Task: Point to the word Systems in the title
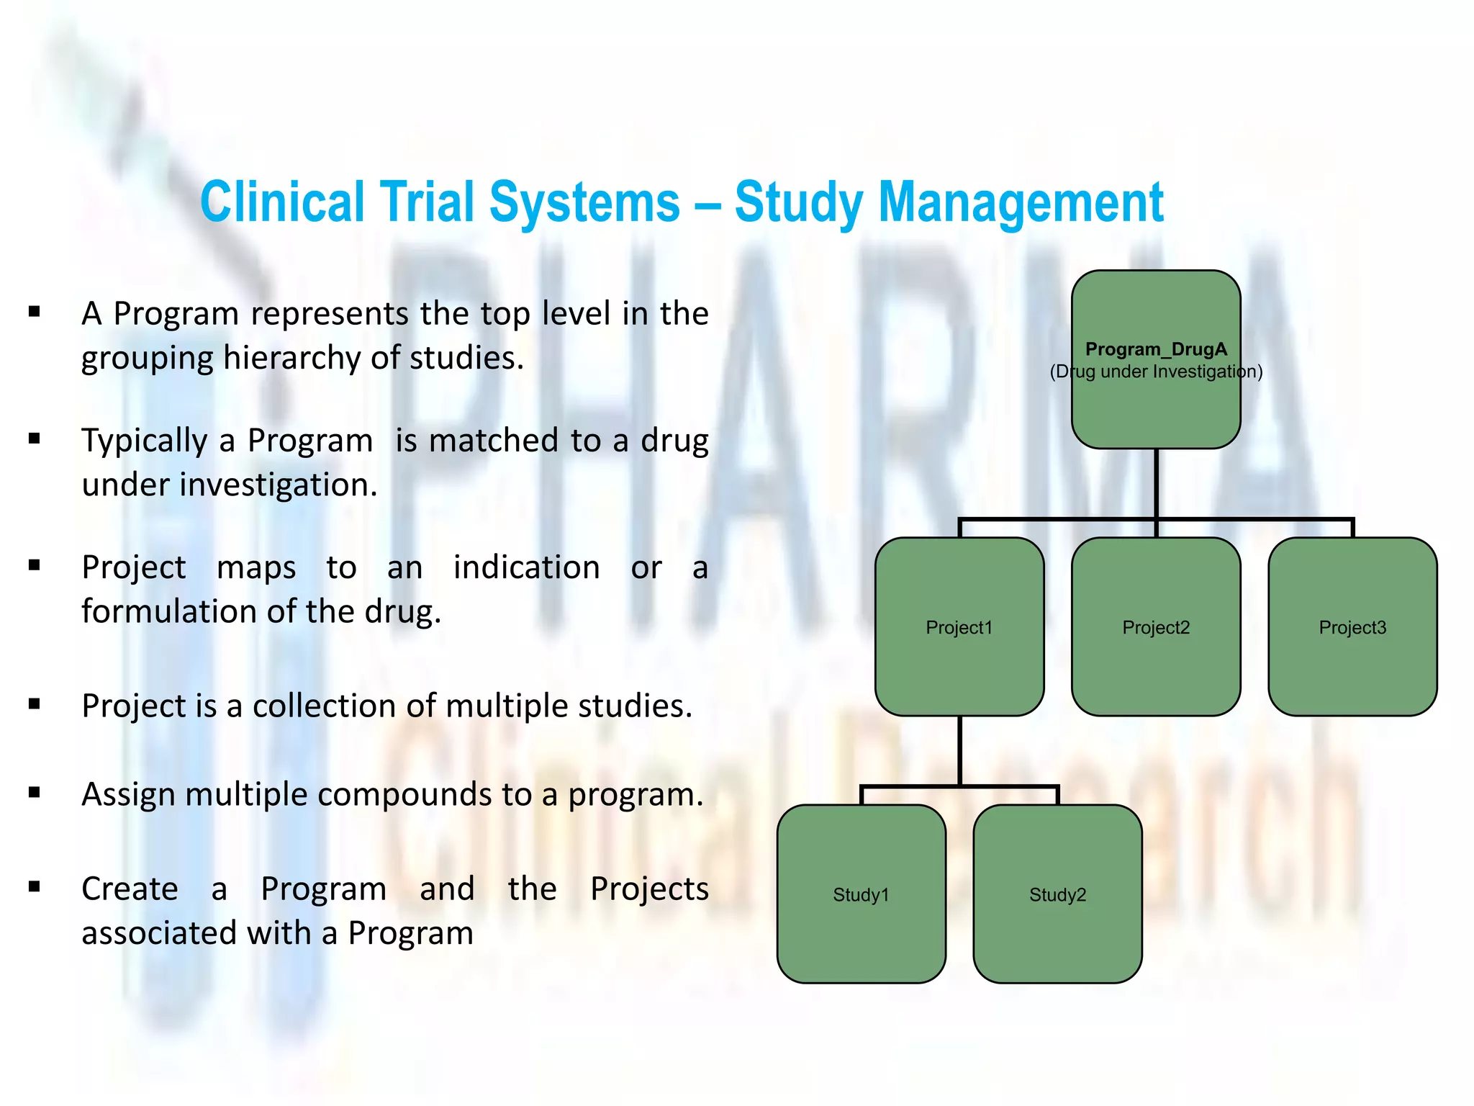pos(584,202)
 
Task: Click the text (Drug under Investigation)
pos(1155,372)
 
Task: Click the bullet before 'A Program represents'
pos(34,312)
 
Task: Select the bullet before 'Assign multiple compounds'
pos(34,793)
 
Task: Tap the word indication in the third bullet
pos(526,567)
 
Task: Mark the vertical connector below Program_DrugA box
pos(1156,482)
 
